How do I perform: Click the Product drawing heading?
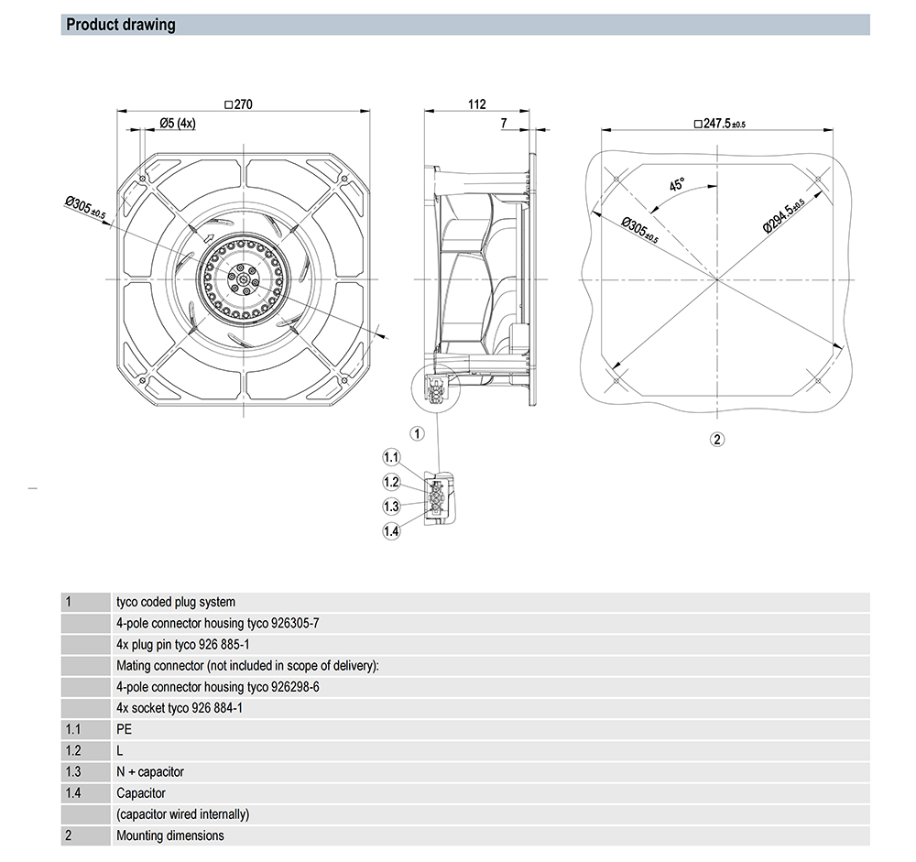coord(121,25)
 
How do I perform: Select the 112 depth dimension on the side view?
coord(476,104)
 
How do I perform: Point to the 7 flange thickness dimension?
coord(504,122)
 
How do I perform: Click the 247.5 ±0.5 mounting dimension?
coord(719,123)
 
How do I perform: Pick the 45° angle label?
coord(677,184)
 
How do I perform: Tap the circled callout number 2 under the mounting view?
coord(717,439)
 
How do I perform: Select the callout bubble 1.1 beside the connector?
coord(392,456)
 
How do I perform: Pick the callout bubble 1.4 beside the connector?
coord(392,530)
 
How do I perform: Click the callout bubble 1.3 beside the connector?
coord(392,506)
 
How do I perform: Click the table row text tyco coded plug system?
coord(176,602)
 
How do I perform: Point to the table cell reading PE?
coord(125,729)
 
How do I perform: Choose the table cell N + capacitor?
coord(150,771)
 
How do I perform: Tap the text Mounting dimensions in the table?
coord(169,835)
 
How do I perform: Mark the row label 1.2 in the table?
coord(73,750)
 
